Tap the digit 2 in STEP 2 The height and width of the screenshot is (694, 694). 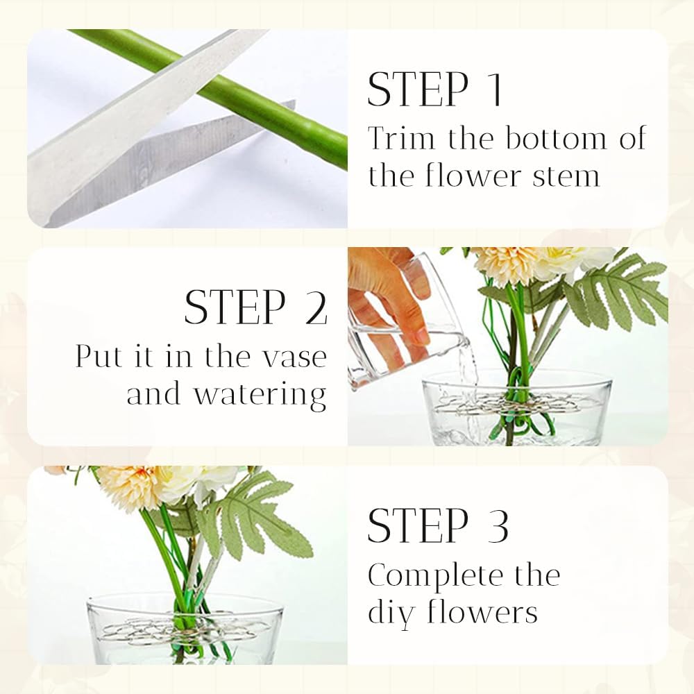316,307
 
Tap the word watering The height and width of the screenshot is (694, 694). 260,395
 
